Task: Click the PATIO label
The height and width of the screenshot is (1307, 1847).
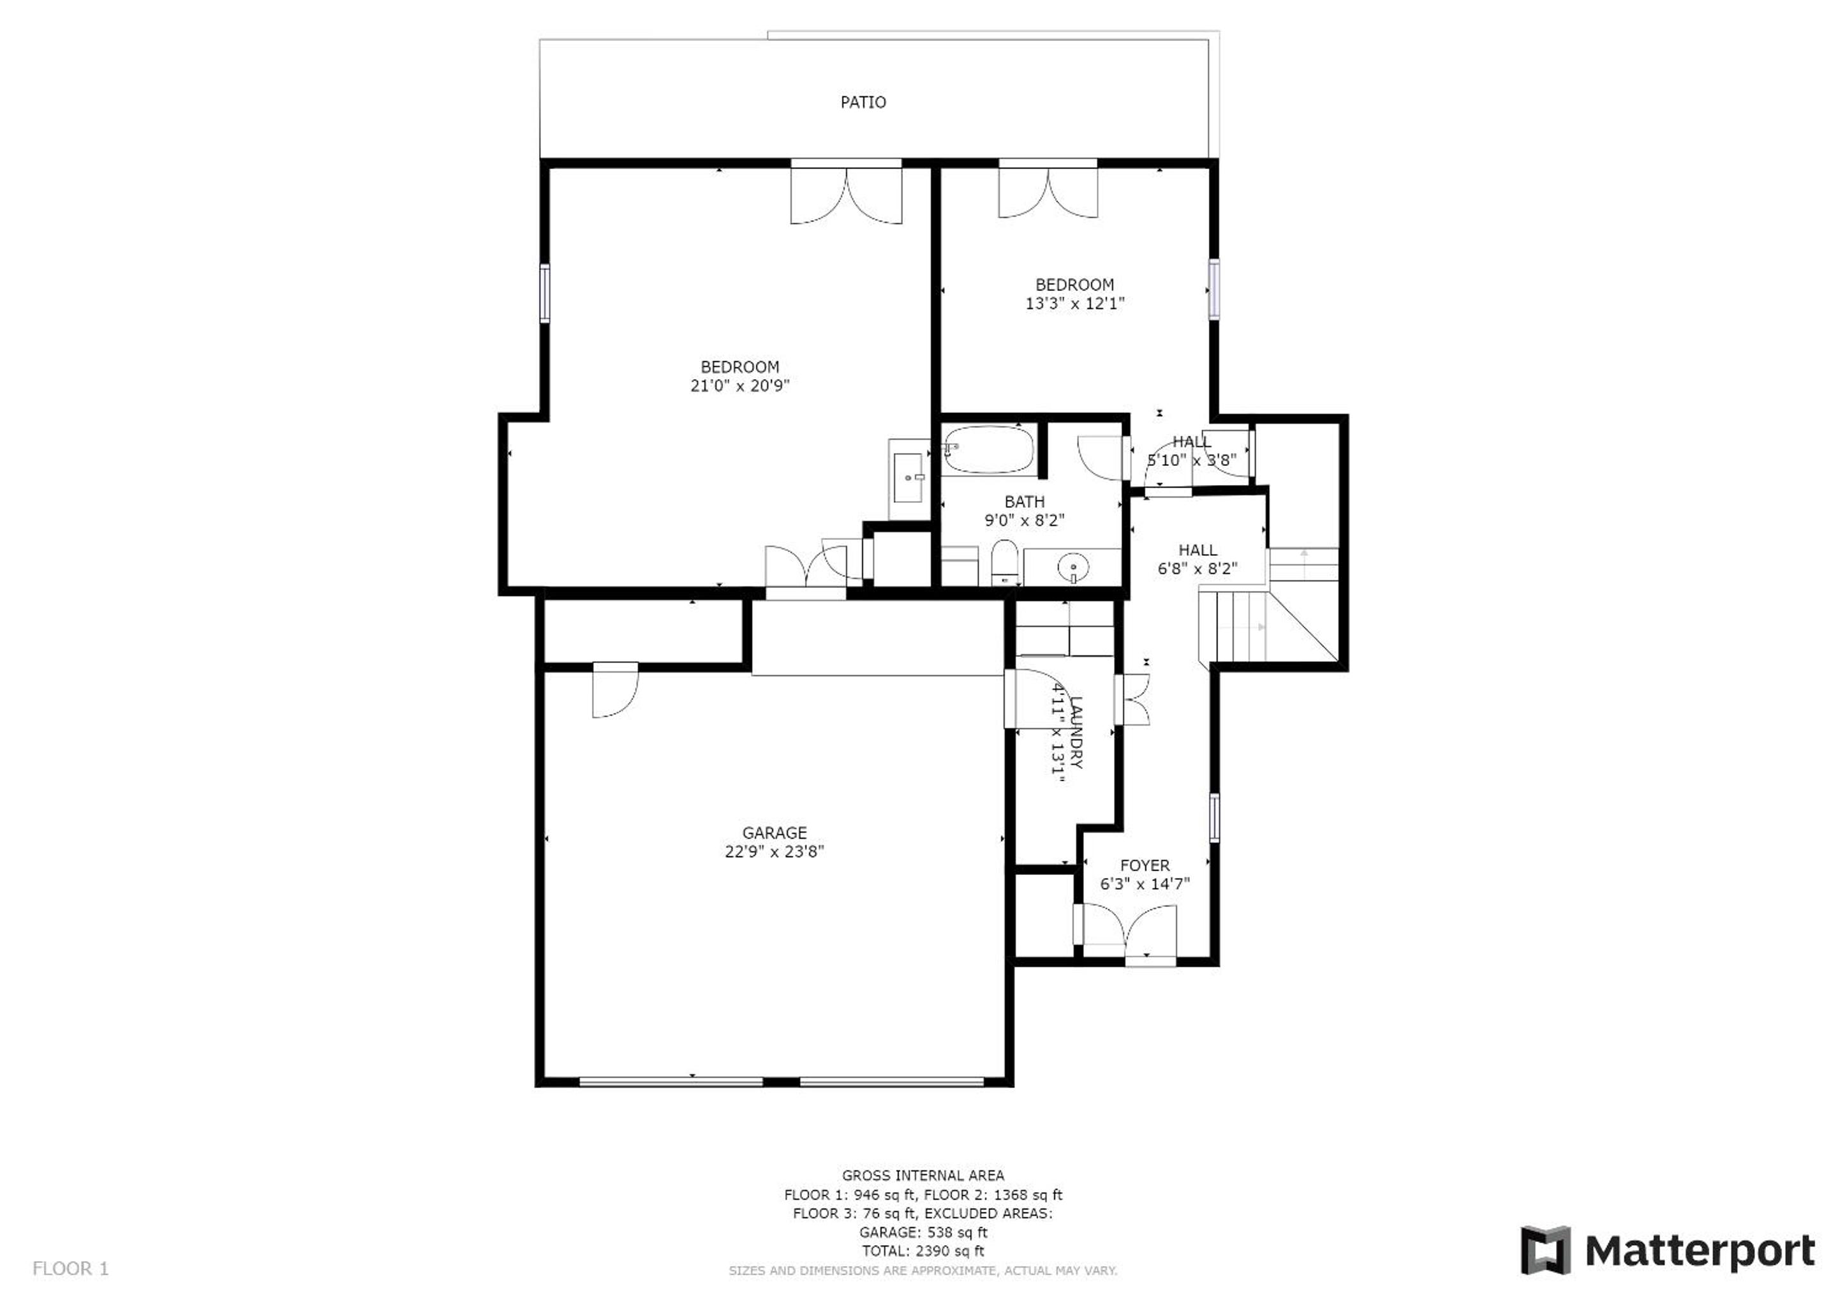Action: pos(863,102)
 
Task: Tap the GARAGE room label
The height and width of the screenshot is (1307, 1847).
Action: pos(774,833)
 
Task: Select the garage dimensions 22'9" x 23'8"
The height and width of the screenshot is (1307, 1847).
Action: pos(774,851)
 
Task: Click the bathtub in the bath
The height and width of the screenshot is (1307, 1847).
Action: pos(989,450)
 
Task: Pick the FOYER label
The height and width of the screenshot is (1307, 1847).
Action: pos(1145,866)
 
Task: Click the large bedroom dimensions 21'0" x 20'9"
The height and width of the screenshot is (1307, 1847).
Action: pos(739,385)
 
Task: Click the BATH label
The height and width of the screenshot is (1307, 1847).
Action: pos(1024,502)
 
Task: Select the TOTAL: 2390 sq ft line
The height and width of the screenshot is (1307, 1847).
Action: pos(923,1251)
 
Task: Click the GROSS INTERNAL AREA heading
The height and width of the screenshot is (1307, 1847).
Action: pos(923,1175)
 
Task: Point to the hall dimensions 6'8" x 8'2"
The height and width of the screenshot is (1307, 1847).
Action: pos(1197,568)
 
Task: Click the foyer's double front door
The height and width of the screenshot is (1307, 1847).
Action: pos(1129,933)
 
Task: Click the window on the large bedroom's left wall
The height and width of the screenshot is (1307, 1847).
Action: pos(545,293)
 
